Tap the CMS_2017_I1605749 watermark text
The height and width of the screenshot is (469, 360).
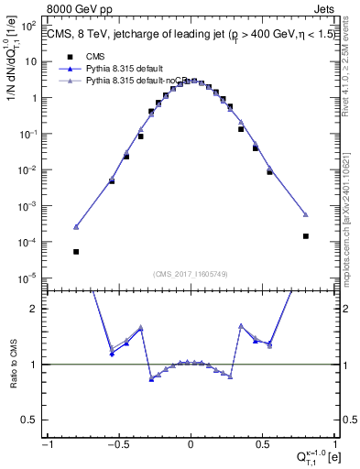190,273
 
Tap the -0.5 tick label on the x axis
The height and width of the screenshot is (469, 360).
117,445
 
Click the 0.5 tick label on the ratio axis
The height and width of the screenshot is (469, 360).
30,420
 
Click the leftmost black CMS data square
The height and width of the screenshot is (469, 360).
76,252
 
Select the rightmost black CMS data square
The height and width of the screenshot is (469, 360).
306,236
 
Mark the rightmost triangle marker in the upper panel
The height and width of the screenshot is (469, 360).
306,214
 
